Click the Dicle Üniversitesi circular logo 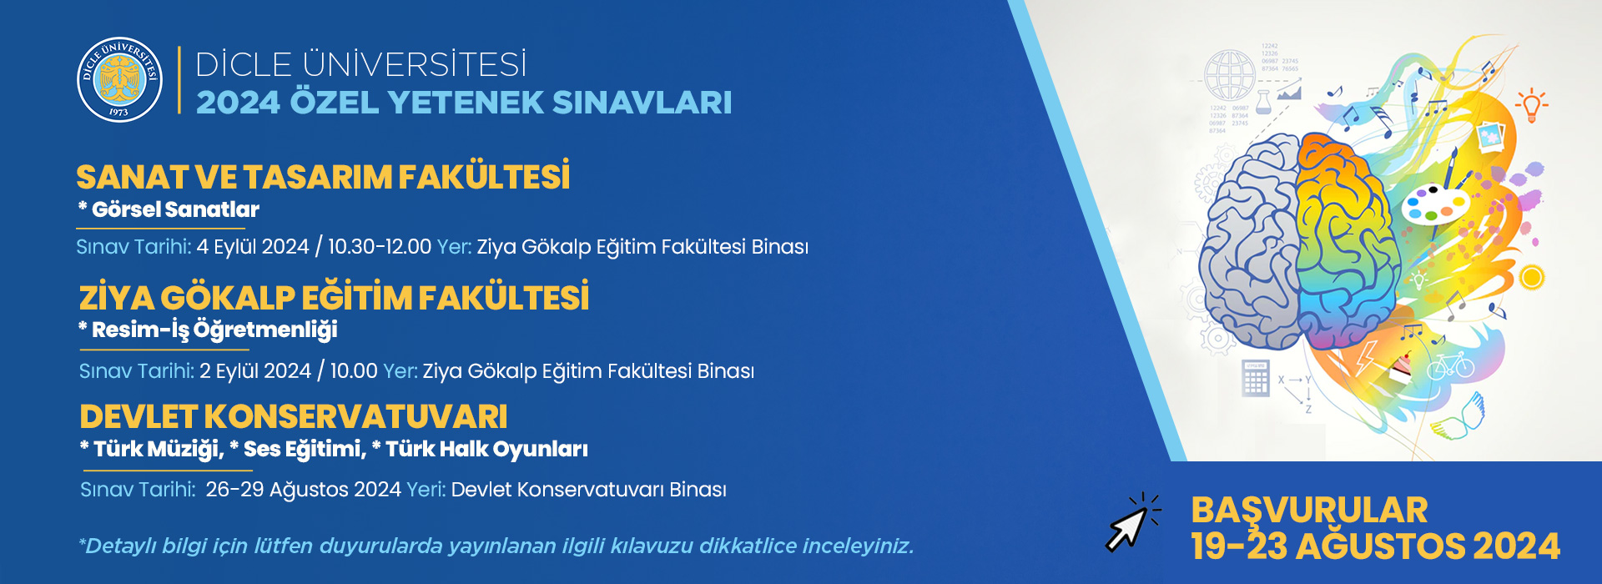point(119,80)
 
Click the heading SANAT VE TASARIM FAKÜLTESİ point(323,176)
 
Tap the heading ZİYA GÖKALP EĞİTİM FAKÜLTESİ point(334,296)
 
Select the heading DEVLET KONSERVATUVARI point(294,416)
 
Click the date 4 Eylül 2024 point(253,247)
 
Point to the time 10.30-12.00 point(380,247)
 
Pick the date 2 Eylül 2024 point(255,370)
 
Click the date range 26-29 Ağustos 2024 point(304,490)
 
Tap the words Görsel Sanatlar point(175,209)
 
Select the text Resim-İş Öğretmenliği point(214,330)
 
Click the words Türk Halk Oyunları point(486,449)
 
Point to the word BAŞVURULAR point(1309,510)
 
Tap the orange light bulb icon point(1531,105)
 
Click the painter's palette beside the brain point(1434,204)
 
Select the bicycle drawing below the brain point(1450,365)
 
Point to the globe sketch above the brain point(1230,75)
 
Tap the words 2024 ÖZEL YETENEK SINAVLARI point(464,103)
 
